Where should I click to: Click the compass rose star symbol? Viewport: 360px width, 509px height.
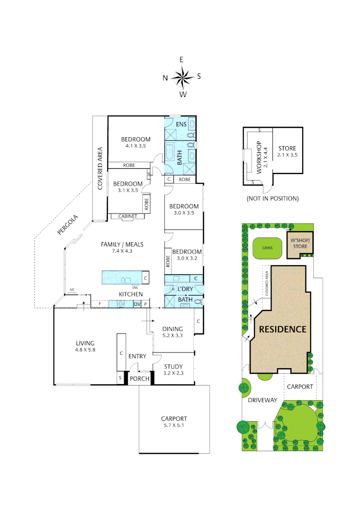pos(182,77)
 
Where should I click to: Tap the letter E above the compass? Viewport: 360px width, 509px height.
pos(181,59)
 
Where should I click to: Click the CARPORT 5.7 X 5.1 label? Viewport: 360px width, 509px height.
pos(174,422)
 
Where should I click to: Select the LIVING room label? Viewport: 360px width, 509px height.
pos(85,346)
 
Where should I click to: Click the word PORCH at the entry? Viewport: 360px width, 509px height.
pos(139,378)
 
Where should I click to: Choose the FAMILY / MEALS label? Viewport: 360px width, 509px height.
pos(122,247)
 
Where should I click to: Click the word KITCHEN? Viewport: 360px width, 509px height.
pos(131,294)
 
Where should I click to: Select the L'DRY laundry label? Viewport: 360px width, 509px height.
pos(185,288)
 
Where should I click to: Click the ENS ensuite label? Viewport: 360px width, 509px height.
pos(181,124)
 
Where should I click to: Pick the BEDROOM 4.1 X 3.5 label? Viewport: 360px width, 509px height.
pos(136,142)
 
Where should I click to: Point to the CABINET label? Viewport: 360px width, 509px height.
pos(128,216)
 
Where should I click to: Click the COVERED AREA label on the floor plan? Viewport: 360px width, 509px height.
pos(100,169)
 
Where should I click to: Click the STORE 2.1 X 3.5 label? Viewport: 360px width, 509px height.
pos(287,151)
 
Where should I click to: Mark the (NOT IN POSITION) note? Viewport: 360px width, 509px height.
pos(272,198)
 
